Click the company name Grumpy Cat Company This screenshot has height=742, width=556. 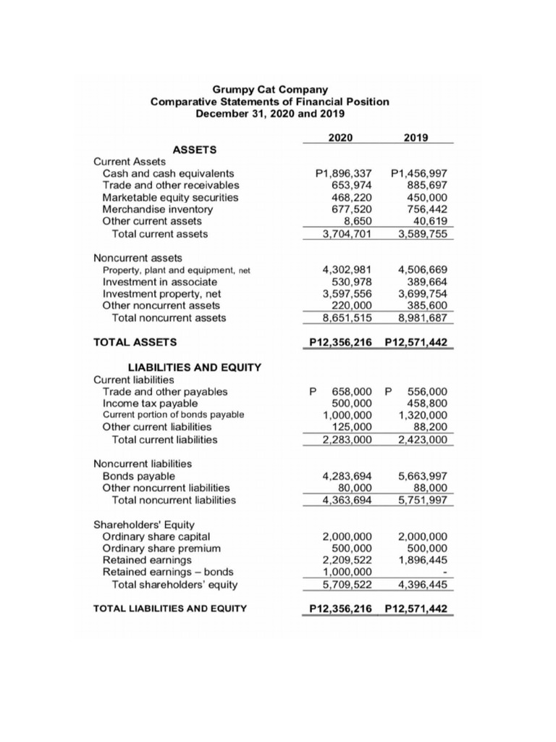click(x=269, y=90)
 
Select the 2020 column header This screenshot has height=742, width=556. click(x=340, y=136)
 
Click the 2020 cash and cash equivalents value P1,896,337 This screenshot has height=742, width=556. click(x=344, y=174)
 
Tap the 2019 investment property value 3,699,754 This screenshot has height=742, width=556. click(x=422, y=293)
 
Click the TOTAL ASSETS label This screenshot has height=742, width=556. click(x=135, y=341)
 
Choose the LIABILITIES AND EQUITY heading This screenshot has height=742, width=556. click(x=194, y=368)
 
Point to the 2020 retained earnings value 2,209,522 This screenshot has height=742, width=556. click(x=347, y=560)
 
